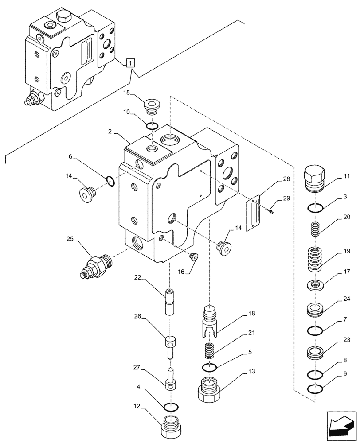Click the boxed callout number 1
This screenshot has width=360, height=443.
click(129, 63)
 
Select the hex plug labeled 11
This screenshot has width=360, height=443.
click(314, 178)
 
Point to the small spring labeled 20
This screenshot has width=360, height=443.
click(314, 229)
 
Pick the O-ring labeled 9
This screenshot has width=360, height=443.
click(314, 389)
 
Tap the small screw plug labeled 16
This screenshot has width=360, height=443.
click(192, 256)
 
